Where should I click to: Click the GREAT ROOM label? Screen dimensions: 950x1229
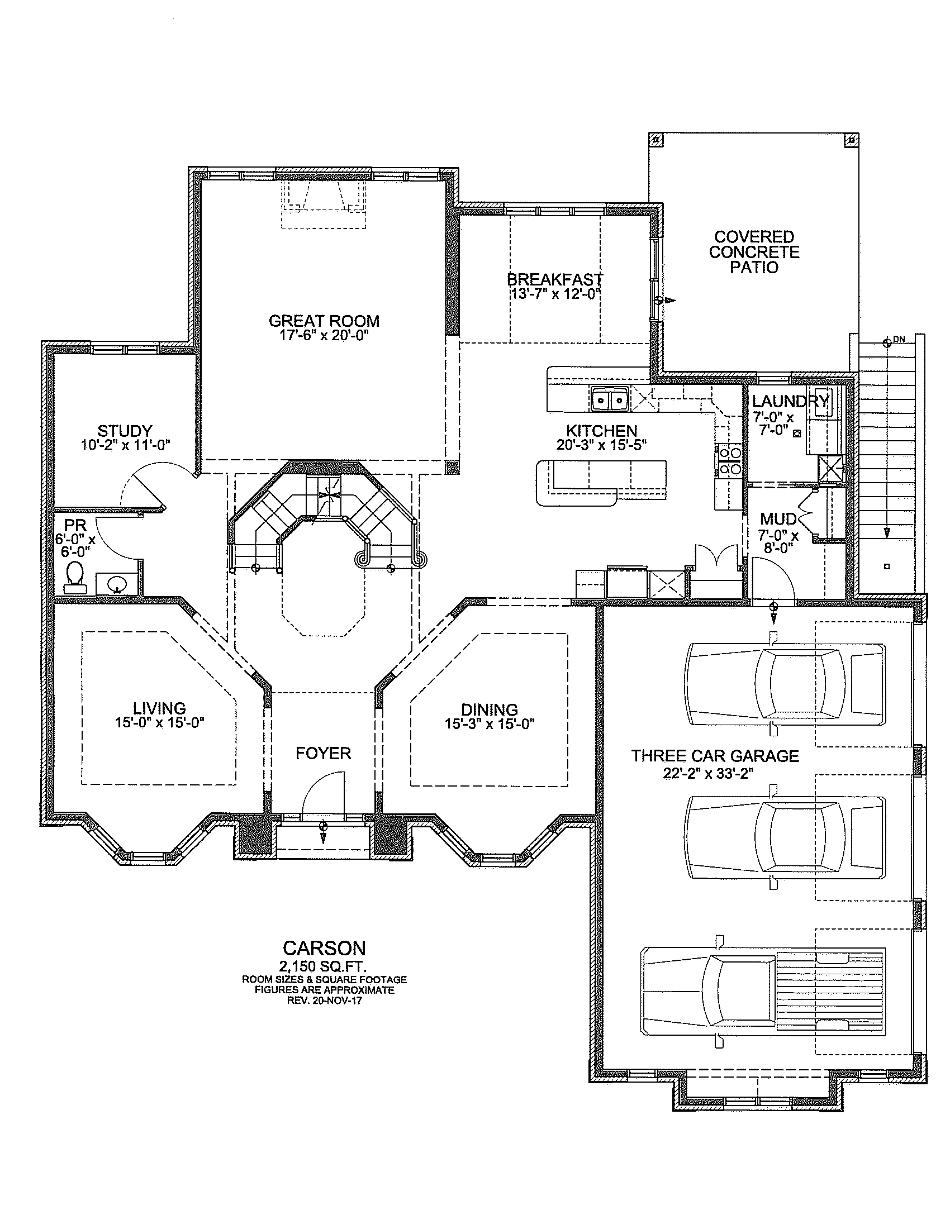324,321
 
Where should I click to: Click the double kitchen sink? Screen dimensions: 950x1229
610,400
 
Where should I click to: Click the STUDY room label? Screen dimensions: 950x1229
125,431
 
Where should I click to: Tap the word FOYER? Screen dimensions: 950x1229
323,753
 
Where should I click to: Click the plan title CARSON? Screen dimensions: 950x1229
324,948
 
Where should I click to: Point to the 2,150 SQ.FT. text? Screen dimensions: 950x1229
323,967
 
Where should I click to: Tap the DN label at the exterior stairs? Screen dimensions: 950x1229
899,339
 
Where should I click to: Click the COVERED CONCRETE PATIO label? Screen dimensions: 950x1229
754,252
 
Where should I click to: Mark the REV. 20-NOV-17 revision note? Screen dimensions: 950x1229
324,1001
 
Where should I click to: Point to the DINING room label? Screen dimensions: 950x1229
489,709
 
